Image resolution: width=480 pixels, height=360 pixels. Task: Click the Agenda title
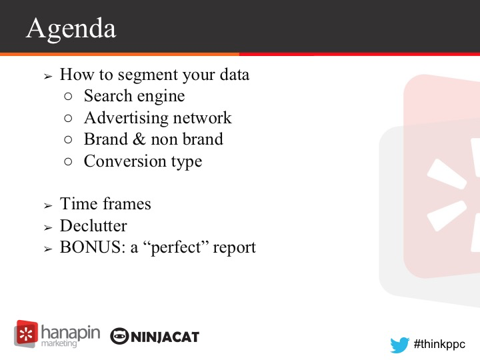point(71,29)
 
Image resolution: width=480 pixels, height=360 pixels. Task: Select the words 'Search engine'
point(135,97)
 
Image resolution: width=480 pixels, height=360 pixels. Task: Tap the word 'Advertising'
point(124,118)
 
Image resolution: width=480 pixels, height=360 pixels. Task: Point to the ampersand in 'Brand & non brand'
point(139,139)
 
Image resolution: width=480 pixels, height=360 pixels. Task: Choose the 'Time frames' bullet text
point(105,204)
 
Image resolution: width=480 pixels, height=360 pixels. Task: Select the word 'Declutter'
point(93,226)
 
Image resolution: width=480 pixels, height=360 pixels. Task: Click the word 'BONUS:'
point(93,247)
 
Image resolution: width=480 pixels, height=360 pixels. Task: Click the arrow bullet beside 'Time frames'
point(48,206)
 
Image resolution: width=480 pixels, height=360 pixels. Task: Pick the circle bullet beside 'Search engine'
point(68,97)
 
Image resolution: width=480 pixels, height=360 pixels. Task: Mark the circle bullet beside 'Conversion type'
point(68,161)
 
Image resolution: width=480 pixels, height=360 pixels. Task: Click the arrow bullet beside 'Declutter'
point(48,228)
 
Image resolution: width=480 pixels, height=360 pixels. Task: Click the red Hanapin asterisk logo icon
point(26,334)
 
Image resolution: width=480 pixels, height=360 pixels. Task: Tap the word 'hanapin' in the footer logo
point(71,333)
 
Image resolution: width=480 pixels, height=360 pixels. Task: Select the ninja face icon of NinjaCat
point(119,336)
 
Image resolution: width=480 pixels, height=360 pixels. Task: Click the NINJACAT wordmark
point(165,337)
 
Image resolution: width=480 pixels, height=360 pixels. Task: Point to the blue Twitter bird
point(400,345)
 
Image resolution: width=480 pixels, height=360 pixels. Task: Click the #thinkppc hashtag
point(439,344)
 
